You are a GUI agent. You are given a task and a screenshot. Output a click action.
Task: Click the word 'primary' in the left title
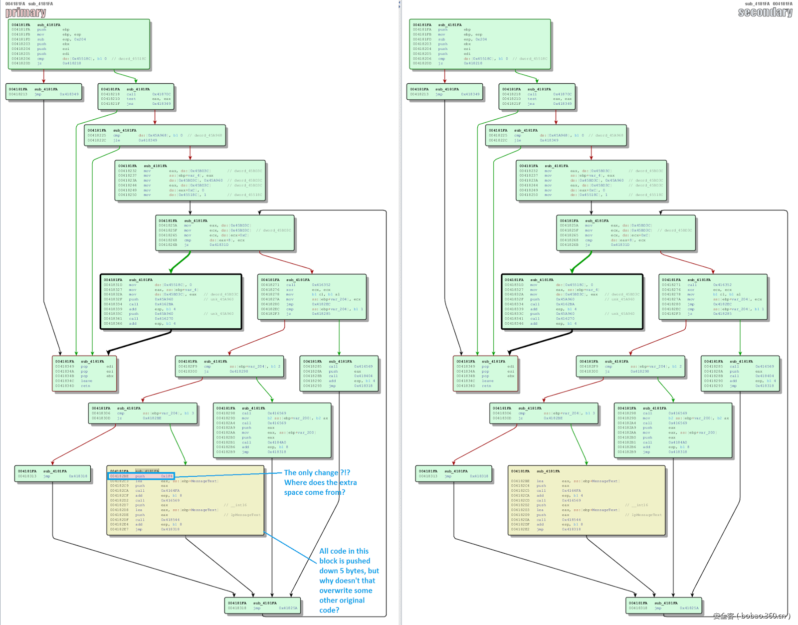click(x=26, y=12)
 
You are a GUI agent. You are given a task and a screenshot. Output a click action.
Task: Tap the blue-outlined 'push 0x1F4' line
click(x=141, y=476)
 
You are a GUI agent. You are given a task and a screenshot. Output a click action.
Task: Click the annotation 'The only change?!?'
click(x=317, y=472)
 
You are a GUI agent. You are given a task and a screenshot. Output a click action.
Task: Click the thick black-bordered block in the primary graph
click(x=171, y=302)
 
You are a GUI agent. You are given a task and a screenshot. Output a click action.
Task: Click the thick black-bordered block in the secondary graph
click(x=572, y=302)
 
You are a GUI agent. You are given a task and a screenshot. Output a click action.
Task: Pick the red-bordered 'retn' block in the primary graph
click(x=84, y=374)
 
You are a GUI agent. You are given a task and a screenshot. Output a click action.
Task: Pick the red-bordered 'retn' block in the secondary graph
click(x=485, y=374)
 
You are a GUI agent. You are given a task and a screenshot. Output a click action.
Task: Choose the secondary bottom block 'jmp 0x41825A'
click(x=664, y=606)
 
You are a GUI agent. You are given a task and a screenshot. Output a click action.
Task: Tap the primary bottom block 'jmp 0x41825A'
click(x=263, y=606)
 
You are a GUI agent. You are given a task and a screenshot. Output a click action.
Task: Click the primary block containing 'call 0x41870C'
click(x=136, y=96)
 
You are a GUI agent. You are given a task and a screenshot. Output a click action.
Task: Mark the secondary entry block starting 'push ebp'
click(x=480, y=44)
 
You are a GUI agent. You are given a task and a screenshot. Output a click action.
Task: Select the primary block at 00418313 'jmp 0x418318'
click(x=53, y=473)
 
